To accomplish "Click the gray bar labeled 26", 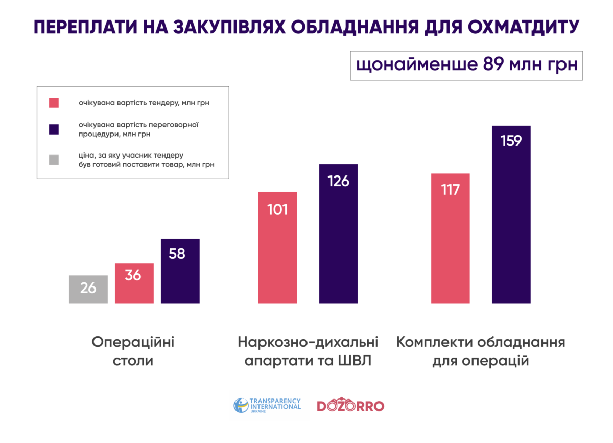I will [x=88, y=290].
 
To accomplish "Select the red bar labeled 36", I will [x=134, y=283].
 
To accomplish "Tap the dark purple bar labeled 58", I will [x=180, y=271].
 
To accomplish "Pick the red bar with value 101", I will [x=277, y=248].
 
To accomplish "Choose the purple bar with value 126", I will [x=338, y=234].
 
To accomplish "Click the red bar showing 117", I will [x=450, y=238].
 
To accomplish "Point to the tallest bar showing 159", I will [x=511, y=214].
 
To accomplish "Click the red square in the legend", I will [x=54, y=103].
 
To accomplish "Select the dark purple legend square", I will [x=54, y=129].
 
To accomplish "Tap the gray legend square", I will [x=54, y=160].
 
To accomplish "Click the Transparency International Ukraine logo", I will [x=267, y=406].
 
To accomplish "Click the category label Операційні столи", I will [x=133, y=351].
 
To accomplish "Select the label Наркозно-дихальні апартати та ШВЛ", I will [x=308, y=351].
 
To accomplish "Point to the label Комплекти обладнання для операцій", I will [x=481, y=351].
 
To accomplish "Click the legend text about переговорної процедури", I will [x=138, y=129].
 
